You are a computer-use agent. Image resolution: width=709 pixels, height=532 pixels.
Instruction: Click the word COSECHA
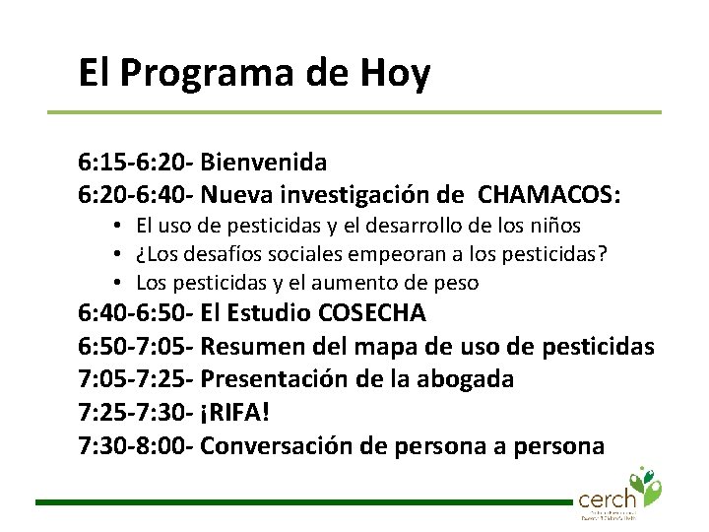(372, 314)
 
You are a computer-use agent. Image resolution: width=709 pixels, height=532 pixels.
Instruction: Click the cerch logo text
(607, 498)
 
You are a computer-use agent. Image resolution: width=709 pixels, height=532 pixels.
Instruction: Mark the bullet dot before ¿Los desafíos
(116, 254)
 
